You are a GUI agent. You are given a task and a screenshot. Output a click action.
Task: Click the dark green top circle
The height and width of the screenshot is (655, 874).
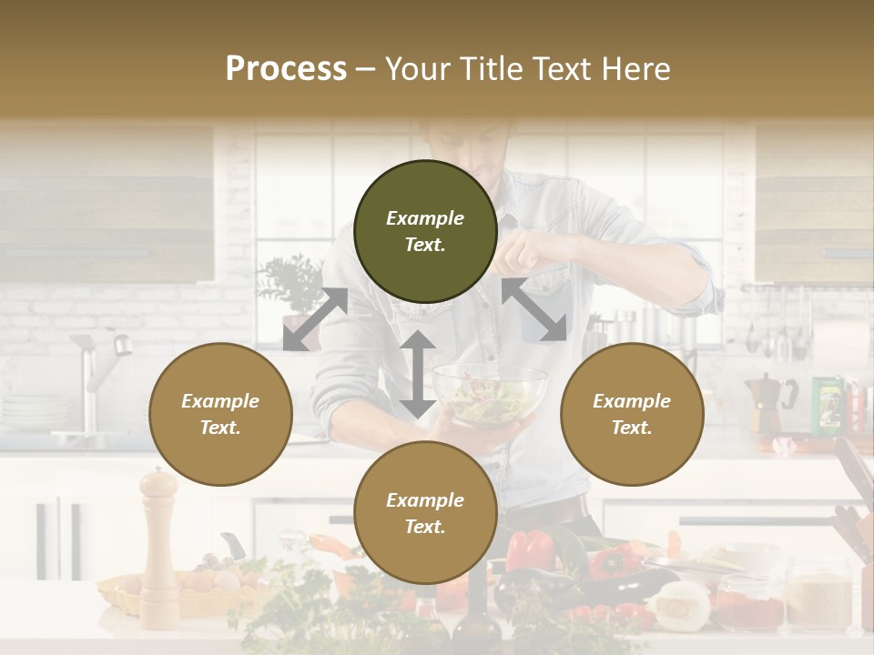tap(425, 231)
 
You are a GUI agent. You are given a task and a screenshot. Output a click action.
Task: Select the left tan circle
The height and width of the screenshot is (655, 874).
tap(220, 414)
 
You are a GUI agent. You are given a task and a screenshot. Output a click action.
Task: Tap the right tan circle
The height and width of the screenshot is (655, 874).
tap(632, 414)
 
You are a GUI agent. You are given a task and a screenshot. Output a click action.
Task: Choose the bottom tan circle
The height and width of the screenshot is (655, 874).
tap(425, 513)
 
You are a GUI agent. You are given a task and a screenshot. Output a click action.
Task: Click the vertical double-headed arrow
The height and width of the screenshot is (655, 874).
tap(417, 374)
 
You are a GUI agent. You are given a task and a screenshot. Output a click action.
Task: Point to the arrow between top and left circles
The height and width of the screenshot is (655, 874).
tap(316, 318)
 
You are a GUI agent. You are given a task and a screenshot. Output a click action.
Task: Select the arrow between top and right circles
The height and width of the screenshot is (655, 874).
tap(534, 310)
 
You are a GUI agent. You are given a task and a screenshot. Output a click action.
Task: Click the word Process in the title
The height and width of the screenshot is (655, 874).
tap(286, 69)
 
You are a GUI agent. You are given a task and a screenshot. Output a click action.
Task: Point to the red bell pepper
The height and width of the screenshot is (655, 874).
tap(530, 549)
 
